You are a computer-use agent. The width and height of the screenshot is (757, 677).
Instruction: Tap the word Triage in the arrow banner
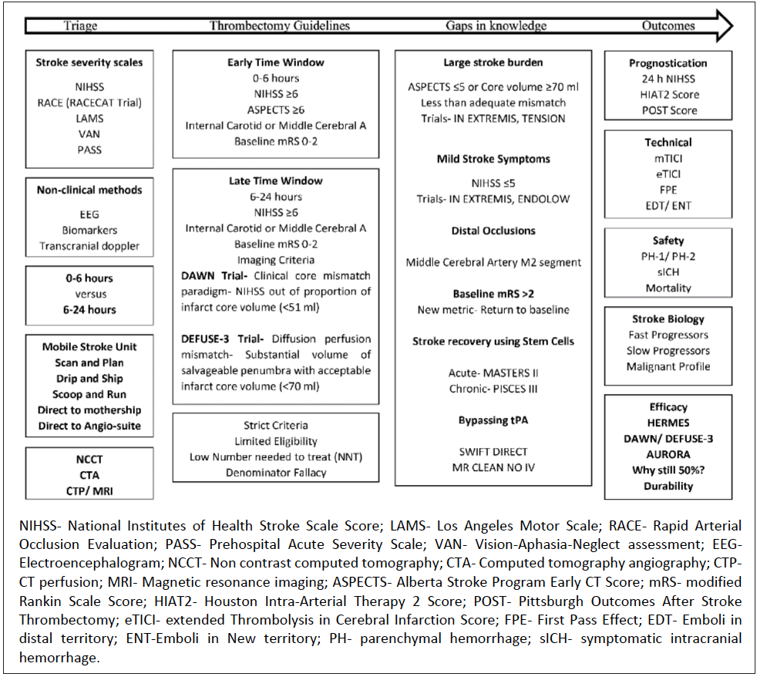tap(80, 25)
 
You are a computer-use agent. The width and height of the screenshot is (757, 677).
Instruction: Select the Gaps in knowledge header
tap(496, 25)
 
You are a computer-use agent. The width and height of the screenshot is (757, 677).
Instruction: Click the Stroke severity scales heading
tap(89, 62)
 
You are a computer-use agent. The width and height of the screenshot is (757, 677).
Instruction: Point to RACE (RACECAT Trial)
tap(89, 103)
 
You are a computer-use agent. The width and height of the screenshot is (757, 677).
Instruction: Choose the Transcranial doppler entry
tap(89, 245)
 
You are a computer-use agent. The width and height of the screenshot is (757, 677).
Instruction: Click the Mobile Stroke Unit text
tap(89, 347)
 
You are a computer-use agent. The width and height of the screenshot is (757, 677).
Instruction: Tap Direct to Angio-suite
tap(89, 426)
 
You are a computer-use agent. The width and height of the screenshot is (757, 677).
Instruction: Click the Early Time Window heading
tap(275, 62)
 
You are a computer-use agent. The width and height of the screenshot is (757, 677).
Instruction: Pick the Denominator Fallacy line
tap(275, 472)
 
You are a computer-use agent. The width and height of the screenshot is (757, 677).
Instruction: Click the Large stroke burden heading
tap(493, 62)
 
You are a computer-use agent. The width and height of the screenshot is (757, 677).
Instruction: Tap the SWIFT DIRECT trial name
tap(493, 452)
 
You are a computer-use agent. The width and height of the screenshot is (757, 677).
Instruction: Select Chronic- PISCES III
tap(493, 389)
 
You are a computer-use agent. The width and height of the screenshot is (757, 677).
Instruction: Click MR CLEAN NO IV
tap(493, 467)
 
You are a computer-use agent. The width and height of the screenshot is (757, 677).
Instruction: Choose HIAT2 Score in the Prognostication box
tap(668, 94)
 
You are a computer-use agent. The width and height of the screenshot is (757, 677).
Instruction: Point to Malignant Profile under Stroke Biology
tap(668, 366)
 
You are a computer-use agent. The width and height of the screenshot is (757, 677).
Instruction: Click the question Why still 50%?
tap(668, 470)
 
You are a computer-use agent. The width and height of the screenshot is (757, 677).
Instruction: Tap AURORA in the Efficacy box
tap(668, 454)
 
